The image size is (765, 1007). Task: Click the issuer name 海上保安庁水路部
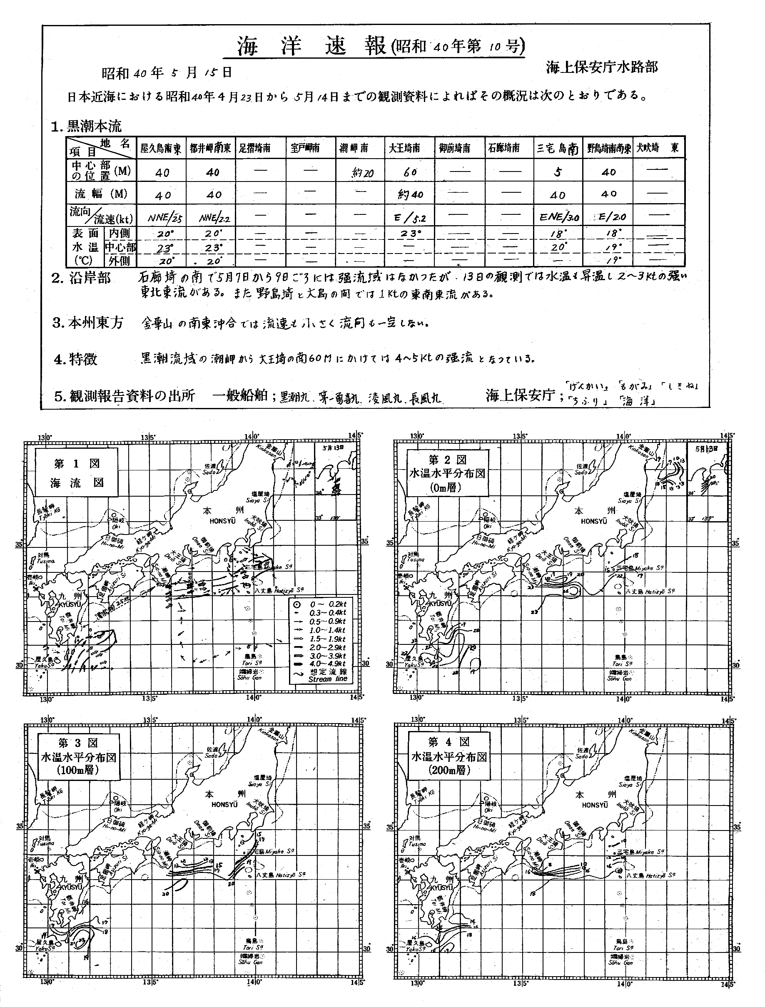point(602,68)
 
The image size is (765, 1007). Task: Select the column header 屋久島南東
point(161,149)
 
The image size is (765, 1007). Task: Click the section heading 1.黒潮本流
point(87,126)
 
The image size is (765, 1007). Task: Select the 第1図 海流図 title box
point(76,472)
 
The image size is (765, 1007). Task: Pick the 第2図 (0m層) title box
point(448,473)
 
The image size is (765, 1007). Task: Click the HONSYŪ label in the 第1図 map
point(223,521)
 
